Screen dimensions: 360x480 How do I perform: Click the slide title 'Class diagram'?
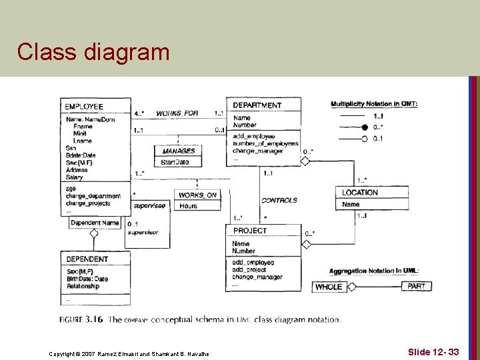click(x=93, y=51)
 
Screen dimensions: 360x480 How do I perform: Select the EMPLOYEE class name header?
click(x=84, y=106)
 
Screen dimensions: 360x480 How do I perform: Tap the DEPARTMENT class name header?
click(x=257, y=105)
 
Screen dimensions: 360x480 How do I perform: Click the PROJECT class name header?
click(x=250, y=231)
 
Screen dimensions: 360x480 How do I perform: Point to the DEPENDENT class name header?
click(x=87, y=259)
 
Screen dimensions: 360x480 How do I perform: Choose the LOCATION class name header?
click(x=360, y=193)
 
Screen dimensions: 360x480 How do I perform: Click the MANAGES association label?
click(x=178, y=151)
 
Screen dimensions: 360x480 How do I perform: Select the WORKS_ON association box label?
click(x=197, y=195)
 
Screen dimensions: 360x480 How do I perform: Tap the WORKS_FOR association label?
click(x=177, y=113)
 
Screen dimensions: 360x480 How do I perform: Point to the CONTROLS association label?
click(x=279, y=200)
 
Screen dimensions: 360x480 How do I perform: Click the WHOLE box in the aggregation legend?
click(x=329, y=287)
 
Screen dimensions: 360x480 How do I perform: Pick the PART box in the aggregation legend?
click(x=416, y=286)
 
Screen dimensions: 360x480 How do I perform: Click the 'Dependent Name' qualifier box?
click(x=95, y=223)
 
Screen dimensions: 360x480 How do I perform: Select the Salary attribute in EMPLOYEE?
click(x=75, y=177)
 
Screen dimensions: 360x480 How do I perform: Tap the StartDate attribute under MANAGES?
click(x=175, y=162)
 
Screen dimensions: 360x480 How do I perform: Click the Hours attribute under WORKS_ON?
click(x=189, y=206)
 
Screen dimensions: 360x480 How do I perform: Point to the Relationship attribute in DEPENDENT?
click(x=83, y=287)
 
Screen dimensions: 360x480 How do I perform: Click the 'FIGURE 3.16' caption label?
click(x=81, y=319)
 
